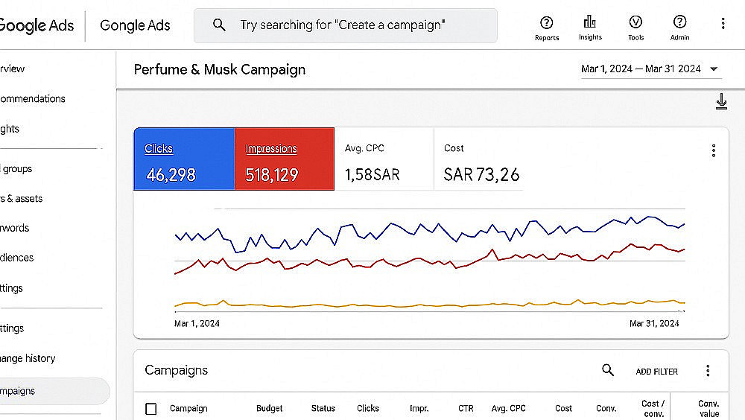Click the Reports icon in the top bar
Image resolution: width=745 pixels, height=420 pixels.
[x=547, y=23]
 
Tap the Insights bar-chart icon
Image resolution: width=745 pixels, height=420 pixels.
[x=590, y=22]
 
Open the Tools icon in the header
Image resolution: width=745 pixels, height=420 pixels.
[x=635, y=22]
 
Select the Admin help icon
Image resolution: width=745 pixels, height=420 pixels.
[x=679, y=22]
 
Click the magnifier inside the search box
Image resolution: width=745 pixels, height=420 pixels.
[x=219, y=25]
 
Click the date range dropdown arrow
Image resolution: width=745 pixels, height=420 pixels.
[x=714, y=69]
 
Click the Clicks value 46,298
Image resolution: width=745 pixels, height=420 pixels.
[x=171, y=175]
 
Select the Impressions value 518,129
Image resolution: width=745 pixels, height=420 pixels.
[x=272, y=175]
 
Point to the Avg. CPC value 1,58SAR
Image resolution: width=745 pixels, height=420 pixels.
[x=372, y=175]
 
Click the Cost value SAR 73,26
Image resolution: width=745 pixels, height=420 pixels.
[x=481, y=175]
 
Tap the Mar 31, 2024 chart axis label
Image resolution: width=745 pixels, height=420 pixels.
[x=654, y=324]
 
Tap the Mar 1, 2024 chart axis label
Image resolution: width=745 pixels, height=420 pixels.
[x=197, y=324]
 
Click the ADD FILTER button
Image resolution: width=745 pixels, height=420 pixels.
[x=656, y=372]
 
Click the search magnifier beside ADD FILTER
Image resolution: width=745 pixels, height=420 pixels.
[x=608, y=370]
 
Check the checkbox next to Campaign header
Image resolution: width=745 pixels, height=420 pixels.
[x=151, y=409]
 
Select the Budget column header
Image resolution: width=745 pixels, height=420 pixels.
[x=269, y=409]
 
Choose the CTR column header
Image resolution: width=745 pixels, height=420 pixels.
[x=466, y=409]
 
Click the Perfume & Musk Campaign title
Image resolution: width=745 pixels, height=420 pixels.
[x=220, y=70]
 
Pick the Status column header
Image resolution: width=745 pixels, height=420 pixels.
[x=323, y=409]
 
